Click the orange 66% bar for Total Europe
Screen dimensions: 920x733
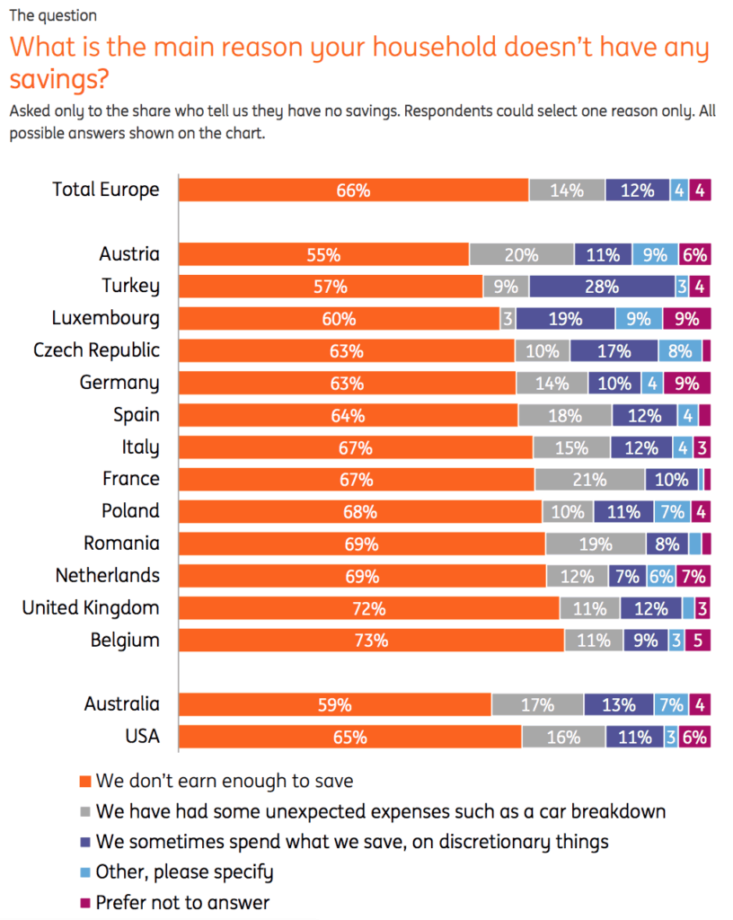[353, 190]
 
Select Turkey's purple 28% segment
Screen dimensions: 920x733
[602, 287]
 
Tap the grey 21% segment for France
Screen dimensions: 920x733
[589, 479]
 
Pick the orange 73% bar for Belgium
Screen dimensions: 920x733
[371, 641]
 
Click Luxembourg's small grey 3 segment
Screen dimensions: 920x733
[508, 319]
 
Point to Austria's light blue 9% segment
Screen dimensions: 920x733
[655, 254]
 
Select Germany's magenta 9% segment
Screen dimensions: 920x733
[687, 384]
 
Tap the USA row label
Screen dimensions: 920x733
[142, 737]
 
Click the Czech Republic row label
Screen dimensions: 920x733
[96, 350]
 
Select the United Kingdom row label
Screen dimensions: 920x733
[91, 608]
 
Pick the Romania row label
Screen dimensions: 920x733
[121, 544]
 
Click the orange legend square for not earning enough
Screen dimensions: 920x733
[85, 781]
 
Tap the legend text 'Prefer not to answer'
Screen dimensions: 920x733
[182, 902]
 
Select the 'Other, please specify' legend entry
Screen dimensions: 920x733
[184, 871]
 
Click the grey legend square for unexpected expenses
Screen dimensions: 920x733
[85, 811]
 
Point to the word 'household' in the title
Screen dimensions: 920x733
[375, 47]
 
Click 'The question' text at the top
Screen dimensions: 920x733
[53, 15]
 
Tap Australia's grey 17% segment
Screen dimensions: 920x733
[537, 705]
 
